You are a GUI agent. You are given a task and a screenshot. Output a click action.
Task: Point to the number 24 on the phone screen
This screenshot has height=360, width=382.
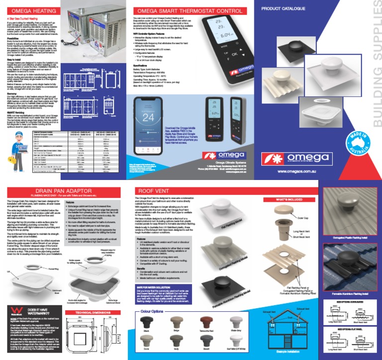click(149, 118)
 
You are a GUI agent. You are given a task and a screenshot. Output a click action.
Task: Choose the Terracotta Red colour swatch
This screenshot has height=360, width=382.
click(205, 322)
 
